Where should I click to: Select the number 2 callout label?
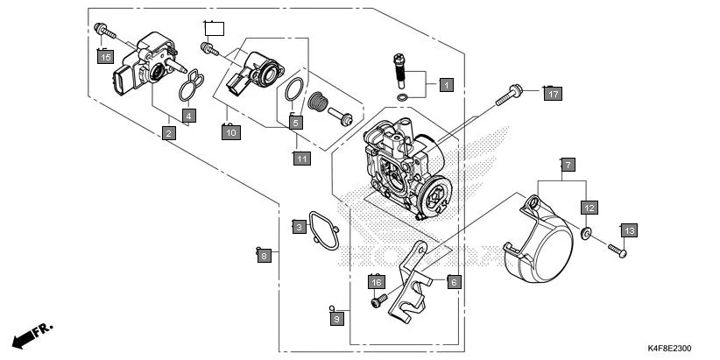[x=168, y=133]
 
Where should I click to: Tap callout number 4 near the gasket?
[x=188, y=116]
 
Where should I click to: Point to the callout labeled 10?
[x=229, y=133]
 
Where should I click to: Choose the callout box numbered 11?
[x=301, y=159]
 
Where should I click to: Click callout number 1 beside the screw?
[x=445, y=86]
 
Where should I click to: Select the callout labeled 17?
[x=552, y=94]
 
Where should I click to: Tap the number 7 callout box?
[x=567, y=165]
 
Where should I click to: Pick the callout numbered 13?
[x=629, y=230]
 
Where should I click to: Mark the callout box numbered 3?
[x=299, y=228]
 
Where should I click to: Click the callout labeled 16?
[x=376, y=282]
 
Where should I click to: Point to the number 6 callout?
[x=453, y=282]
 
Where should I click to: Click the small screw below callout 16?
[x=378, y=301]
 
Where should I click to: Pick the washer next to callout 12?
[x=587, y=234]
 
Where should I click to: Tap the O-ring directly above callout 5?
[x=296, y=88]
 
